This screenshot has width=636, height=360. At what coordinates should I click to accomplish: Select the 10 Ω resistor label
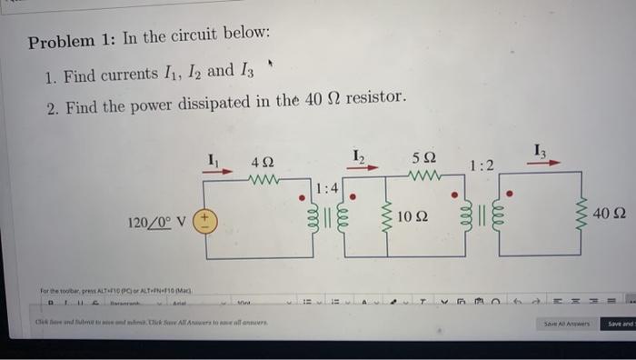(x=413, y=216)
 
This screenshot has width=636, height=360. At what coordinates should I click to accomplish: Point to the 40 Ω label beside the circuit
(x=609, y=213)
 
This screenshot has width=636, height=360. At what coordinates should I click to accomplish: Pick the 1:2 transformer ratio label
(x=482, y=165)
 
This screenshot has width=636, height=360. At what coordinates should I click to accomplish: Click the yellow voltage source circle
(x=204, y=222)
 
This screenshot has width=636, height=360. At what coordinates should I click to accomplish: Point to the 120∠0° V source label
(x=157, y=223)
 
